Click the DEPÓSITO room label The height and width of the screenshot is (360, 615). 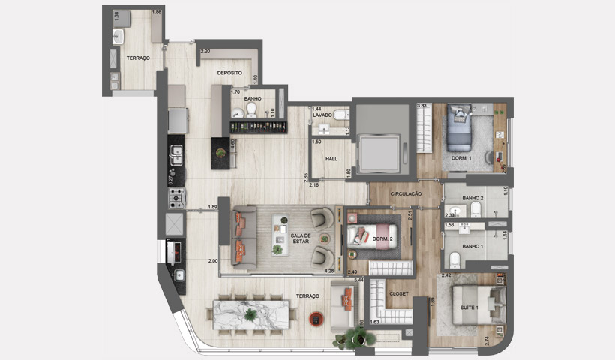point(229,73)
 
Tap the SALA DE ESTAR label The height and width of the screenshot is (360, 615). point(301,240)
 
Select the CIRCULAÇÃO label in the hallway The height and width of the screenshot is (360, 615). point(406,193)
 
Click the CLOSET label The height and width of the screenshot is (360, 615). point(399,293)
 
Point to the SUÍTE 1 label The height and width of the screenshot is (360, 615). point(469,308)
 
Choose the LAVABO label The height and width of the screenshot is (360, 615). point(322,115)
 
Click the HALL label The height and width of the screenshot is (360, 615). point(331,159)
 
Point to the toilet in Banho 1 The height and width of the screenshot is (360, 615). point(455,259)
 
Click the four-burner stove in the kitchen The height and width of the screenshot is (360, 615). point(175,199)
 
